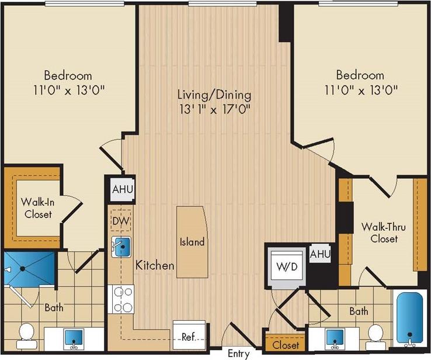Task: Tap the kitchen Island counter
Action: pyautogui.click(x=192, y=241)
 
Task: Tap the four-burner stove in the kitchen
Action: pyautogui.click(x=121, y=300)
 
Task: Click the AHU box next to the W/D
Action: pyautogui.click(x=321, y=255)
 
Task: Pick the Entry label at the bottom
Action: pyautogui.click(x=238, y=354)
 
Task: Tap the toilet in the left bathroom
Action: pyautogui.click(x=26, y=334)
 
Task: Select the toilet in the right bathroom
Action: pyautogui.click(x=376, y=334)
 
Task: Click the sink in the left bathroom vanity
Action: pyautogui.click(x=74, y=337)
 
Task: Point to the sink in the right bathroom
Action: pyautogui.click(x=335, y=337)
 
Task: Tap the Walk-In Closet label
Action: pyautogui.click(x=37, y=208)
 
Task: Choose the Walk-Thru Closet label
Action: pyautogui.click(x=380, y=232)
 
